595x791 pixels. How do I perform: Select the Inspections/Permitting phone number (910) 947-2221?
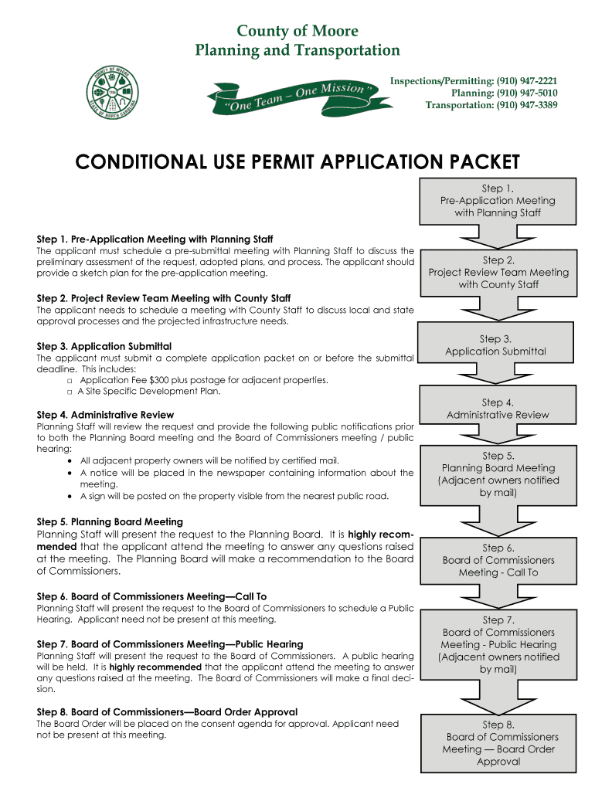[x=527, y=81]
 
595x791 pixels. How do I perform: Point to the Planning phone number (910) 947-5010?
[x=527, y=93]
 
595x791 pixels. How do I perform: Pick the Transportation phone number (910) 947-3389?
[x=527, y=106]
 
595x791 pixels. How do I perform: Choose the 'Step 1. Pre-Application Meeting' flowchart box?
[x=497, y=200]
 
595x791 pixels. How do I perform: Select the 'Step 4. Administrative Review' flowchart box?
[x=498, y=409]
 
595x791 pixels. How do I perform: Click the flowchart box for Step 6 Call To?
[x=498, y=560]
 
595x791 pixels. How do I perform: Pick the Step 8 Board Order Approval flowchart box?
[x=498, y=743]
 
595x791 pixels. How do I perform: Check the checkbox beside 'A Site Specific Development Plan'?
[x=70, y=392]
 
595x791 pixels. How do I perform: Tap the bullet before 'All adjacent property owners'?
[x=70, y=460]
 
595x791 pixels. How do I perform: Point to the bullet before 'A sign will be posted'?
[x=70, y=496]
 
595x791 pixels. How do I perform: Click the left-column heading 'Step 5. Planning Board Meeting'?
[x=110, y=522]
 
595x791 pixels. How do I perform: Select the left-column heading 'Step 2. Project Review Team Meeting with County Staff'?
[x=164, y=298]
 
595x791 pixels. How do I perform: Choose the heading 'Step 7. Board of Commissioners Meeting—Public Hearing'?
[x=170, y=644]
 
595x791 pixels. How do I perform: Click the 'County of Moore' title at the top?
[x=297, y=32]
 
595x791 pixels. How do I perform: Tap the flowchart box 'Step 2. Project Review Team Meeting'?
[x=498, y=272]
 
